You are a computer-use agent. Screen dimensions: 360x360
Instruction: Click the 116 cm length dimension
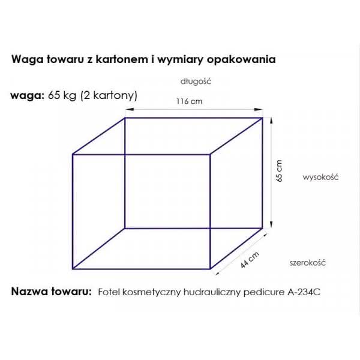pos(190,101)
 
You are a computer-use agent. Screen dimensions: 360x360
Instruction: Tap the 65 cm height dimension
pos(279,171)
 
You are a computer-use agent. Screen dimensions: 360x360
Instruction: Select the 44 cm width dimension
pos(250,260)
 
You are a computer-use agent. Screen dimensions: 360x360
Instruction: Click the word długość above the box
pos(196,82)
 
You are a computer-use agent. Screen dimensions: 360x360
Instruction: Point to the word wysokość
pos(320,177)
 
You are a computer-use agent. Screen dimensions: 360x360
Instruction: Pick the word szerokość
pos(308,263)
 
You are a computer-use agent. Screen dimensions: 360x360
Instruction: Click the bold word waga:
pos(28,96)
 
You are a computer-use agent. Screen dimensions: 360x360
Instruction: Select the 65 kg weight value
pos(62,95)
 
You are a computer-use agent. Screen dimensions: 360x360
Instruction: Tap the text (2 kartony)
pos(109,95)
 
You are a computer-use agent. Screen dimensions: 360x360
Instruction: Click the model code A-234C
pos(304,292)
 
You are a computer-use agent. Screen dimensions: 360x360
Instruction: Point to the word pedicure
pos(264,292)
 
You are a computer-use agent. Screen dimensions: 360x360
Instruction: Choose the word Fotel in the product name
pos(109,292)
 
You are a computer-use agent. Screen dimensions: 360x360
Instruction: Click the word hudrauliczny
pos(212,292)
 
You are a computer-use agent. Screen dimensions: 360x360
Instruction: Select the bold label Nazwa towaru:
pos(52,292)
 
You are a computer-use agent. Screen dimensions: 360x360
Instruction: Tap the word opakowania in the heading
pos(241,59)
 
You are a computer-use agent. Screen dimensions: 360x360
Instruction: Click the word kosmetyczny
pos(152,292)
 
